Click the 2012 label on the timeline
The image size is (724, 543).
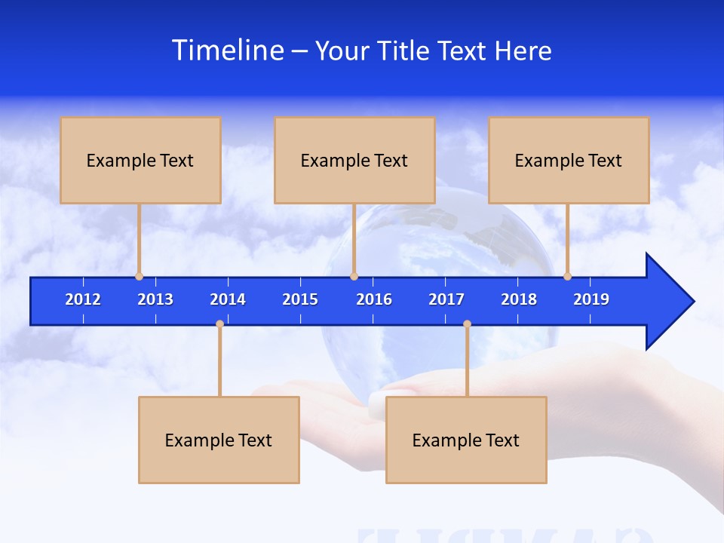tap(83, 299)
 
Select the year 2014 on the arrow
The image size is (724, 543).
tap(228, 299)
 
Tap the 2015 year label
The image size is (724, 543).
tap(300, 299)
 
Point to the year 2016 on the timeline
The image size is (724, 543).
tap(374, 299)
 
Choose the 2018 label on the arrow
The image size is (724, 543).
tap(519, 299)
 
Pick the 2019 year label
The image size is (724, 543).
tap(591, 299)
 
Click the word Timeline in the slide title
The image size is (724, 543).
tap(225, 51)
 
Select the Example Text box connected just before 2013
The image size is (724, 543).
tap(140, 160)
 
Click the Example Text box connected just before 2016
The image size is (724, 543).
tap(354, 160)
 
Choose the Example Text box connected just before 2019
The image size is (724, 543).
tap(569, 160)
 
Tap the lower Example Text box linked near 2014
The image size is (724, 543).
tap(219, 440)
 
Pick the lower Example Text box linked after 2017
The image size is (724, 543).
tap(466, 440)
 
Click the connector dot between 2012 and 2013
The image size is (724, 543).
tap(139, 276)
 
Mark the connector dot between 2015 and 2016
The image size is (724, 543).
tap(354, 276)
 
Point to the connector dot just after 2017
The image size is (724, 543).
tap(467, 324)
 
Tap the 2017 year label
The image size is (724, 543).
tap(446, 299)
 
